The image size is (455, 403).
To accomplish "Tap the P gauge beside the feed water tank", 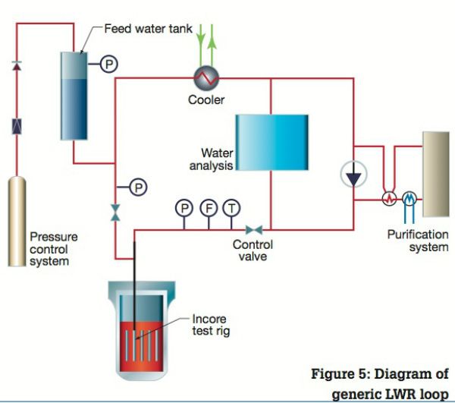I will coord(108,65).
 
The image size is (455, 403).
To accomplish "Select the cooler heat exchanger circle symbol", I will coord(205,77).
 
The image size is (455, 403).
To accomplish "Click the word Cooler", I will coord(206,99).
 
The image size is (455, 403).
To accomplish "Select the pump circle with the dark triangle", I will coord(353,175).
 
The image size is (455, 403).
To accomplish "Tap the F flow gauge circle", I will coord(207,206).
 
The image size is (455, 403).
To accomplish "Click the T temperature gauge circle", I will coord(231,206).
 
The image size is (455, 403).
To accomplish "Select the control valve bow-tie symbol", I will coord(253,228).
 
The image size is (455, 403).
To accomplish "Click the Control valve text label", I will coord(253,250).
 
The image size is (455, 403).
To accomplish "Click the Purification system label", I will coord(418,241).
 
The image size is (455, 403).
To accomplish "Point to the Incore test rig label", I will coord(209,325).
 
